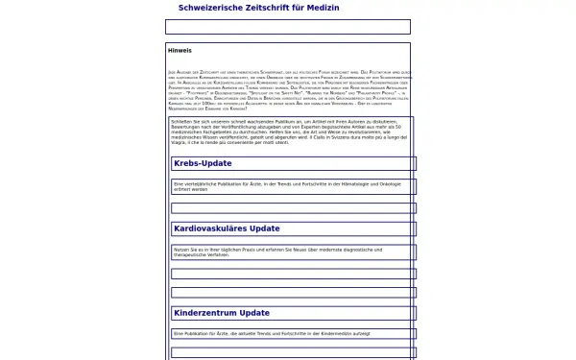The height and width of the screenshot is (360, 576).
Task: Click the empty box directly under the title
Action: pos(287,27)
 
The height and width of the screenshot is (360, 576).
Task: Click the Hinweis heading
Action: pos(180,50)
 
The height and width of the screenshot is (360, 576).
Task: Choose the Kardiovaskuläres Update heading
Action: pos(227,228)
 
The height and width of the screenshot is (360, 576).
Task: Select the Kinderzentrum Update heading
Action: pos(222,313)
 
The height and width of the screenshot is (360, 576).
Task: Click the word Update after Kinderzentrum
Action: pos(254,313)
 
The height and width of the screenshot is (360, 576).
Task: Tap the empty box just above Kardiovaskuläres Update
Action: pos(293,207)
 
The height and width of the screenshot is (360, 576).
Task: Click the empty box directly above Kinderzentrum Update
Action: pos(293,292)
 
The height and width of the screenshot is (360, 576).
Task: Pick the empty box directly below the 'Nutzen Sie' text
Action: pos(293,274)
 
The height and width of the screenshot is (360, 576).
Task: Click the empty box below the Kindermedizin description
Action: pos(293,352)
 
